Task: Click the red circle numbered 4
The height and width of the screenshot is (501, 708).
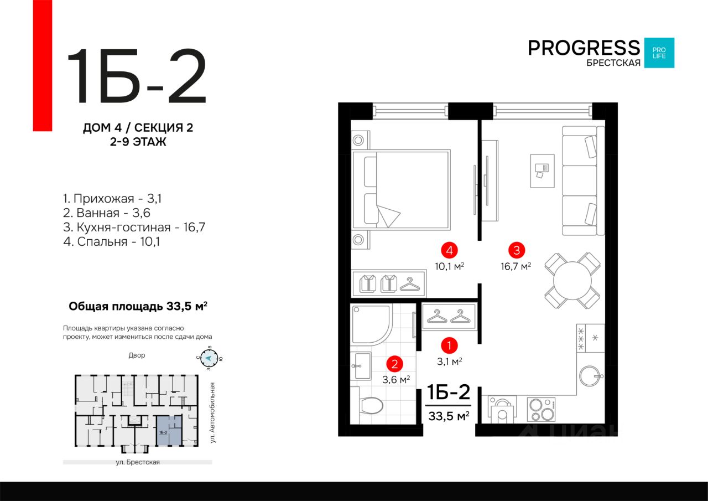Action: (x=449, y=250)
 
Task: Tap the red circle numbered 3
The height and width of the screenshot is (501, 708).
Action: (x=517, y=250)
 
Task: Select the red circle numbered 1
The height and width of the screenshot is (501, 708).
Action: (x=449, y=345)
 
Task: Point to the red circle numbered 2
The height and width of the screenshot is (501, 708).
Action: (x=394, y=364)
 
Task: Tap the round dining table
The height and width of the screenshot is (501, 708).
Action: (x=572, y=281)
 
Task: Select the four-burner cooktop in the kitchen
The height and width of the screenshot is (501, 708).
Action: (x=541, y=409)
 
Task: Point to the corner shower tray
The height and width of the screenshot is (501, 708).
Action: (x=372, y=325)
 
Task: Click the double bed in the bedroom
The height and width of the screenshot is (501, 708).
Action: (x=402, y=190)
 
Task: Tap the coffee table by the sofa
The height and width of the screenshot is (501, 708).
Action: (x=542, y=171)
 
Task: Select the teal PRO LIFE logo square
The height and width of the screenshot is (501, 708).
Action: (x=659, y=53)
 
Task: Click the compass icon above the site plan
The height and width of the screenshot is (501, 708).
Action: (x=209, y=359)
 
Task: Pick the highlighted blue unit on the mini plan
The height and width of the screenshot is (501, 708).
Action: (x=169, y=431)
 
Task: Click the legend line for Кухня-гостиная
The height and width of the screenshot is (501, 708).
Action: (x=134, y=227)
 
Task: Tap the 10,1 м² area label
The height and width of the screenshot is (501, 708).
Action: (x=449, y=266)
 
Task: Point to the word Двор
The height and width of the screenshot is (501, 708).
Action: (x=137, y=355)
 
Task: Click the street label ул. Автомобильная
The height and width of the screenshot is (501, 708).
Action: (x=213, y=412)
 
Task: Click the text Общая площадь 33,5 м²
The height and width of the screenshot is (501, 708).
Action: (x=138, y=306)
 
